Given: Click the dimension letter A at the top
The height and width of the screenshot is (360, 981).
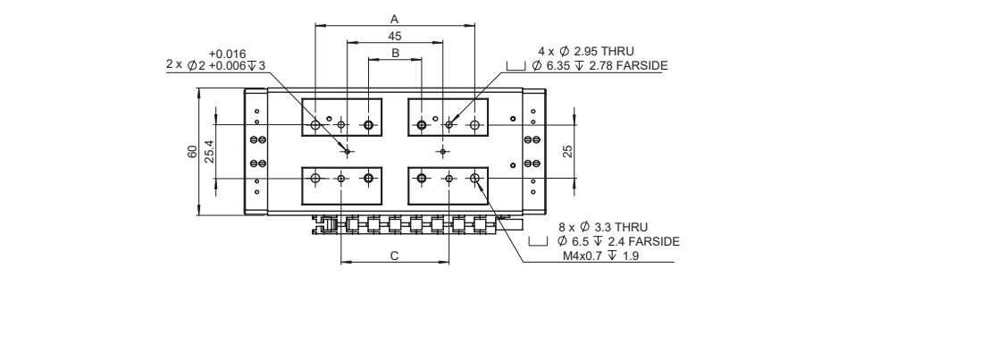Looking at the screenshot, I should [x=394, y=18].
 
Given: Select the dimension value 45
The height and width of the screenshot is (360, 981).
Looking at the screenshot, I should [x=394, y=36].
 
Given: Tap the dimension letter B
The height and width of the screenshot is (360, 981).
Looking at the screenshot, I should [x=394, y=54].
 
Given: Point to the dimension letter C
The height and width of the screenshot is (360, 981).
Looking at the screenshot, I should [x=394, y=255].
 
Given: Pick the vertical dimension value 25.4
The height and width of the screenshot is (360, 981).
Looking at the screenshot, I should [x=209, y=151].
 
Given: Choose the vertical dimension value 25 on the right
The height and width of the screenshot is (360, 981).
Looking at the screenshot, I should [x=566, y=151].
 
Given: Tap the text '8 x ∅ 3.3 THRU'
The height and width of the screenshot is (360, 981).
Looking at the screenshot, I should [x=597, y=229].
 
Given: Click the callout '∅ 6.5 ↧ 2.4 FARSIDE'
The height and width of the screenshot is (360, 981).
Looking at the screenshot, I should [x=616, y=242].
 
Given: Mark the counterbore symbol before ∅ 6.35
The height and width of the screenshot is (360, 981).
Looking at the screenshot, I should [x=515, y=66].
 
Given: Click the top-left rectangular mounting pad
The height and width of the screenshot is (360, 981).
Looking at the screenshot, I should [x=341, y=117].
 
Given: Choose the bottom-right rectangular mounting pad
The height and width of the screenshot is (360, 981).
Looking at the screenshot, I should [x=449, y=185].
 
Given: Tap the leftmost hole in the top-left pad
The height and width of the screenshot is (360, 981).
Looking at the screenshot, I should [x=315, y=123].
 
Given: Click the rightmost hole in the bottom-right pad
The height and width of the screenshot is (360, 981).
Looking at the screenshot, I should [x=475, y=179].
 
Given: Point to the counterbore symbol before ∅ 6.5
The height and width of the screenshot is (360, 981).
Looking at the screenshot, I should [x=537, y=242].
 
